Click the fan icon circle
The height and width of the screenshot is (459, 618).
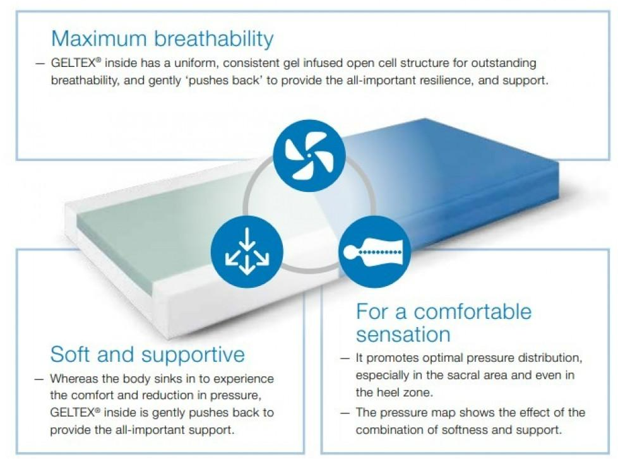[x=309, y=155]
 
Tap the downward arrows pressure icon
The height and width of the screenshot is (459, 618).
[x=247, y=251]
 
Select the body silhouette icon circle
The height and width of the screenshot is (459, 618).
[x=375, y=251]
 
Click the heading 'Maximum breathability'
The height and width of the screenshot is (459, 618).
[x=162, y=39]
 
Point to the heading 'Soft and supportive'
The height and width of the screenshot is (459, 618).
[x=148, y=354]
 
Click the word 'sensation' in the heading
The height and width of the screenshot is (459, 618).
[x=403, y=335]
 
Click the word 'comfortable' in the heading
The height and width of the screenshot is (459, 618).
[x=472, y=311]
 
